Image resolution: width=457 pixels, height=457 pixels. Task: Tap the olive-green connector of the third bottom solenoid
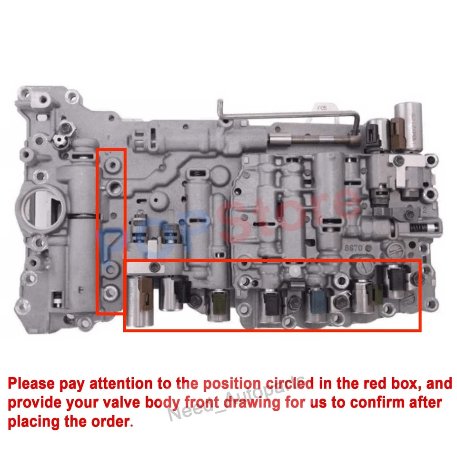tap(218, 302)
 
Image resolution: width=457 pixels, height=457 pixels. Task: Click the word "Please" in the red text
tap(33, 383)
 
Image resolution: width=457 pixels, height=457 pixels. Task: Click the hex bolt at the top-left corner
tap(43, 100)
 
